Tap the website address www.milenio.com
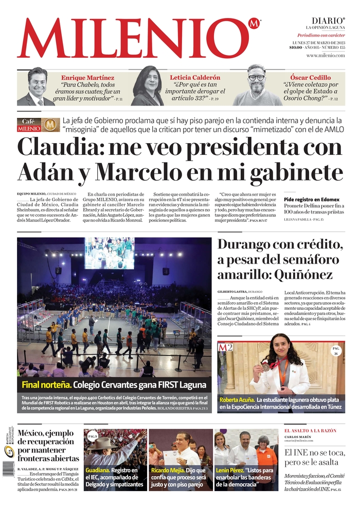click(x=325, y=55)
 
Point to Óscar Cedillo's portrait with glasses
click(x=256, y=85)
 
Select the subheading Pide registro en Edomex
click(x=312, y=199)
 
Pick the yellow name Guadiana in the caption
click(x=97, y=470)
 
